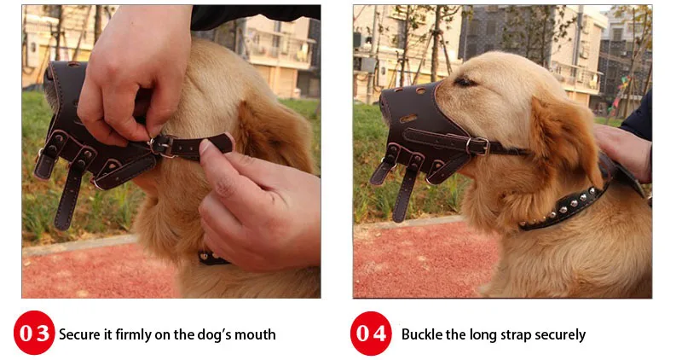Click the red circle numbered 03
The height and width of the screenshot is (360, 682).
click(x=34, y=333)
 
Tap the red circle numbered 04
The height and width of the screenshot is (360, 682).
click(x=371, y=334)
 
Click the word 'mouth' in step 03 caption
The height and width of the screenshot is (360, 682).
click(x=255, y=334)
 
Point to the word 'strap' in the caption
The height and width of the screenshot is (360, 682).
click(x=516, y=335)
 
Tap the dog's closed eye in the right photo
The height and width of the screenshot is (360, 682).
click(x=465, y=81)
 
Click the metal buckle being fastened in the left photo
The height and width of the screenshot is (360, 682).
click(x=161, y=145)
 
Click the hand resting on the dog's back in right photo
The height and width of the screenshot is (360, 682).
click(x=623, y=149)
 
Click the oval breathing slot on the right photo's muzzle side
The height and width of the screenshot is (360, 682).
click(x=408, y=118)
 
